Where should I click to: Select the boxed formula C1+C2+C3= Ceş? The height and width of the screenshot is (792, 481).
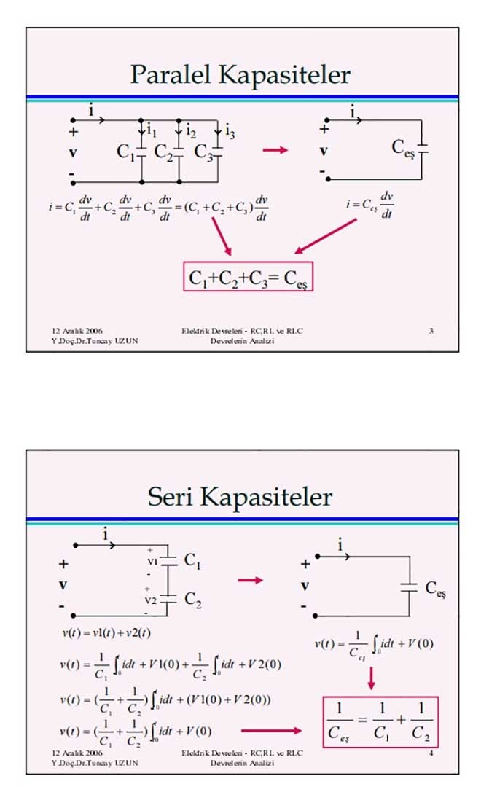248,278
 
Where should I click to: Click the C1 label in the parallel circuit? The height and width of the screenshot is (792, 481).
126,152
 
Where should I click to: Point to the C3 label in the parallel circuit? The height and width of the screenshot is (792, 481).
203,152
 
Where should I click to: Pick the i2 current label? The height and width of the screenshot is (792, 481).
190,131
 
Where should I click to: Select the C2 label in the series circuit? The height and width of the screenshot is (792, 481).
192,599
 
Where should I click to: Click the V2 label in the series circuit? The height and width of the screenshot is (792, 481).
151,600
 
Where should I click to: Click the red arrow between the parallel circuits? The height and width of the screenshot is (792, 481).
275,150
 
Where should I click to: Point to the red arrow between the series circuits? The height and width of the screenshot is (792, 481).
250,580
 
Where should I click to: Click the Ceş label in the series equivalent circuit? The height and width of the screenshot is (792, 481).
434,589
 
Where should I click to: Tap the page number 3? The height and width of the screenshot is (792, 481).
431,331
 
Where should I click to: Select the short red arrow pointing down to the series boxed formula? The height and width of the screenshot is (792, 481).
371,677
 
